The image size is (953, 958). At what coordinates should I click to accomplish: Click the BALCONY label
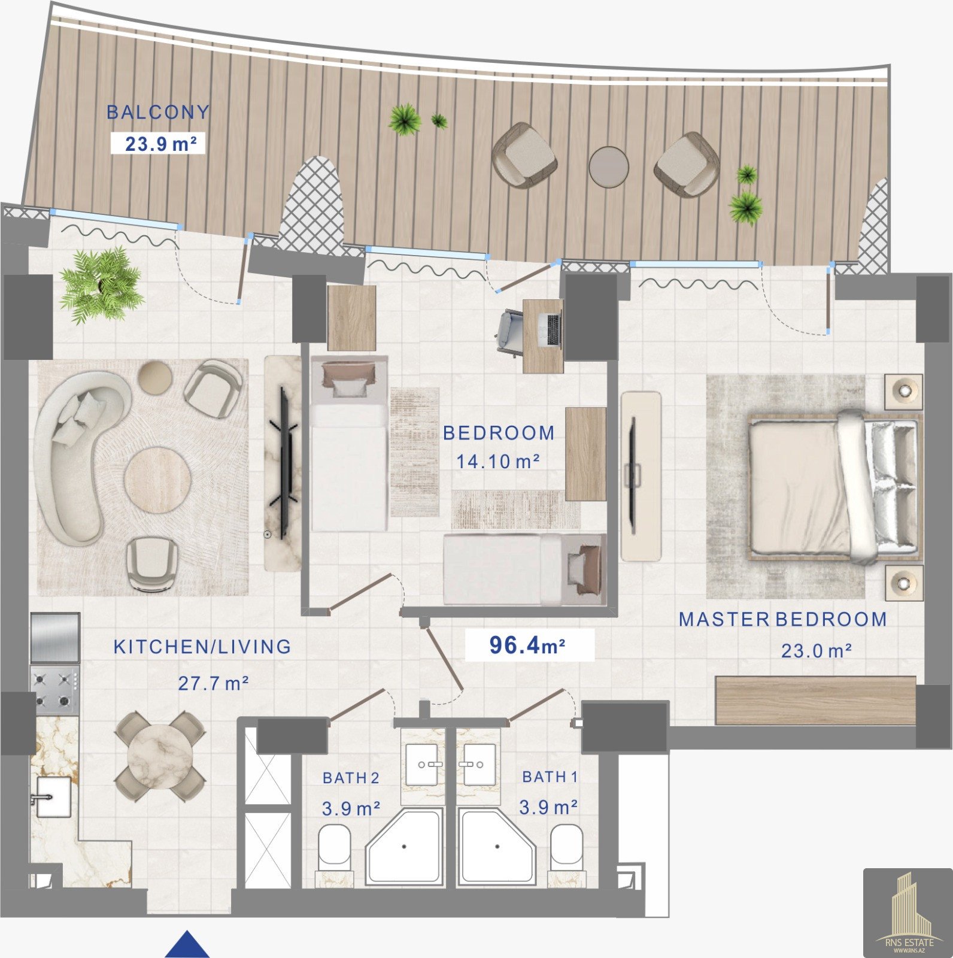click(158, 112)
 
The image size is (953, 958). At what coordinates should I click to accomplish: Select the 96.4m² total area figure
click(527, 645)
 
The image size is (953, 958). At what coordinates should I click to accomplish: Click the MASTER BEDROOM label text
click(782, 619)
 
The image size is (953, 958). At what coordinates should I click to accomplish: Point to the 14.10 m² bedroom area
click(498, 461)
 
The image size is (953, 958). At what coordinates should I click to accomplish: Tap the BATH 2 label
click(351, 778)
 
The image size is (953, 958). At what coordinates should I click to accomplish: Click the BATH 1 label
click(550, 777)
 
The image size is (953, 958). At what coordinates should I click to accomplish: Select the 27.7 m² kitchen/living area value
click(213, 683)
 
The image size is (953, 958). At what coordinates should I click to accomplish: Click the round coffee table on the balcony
click(608, 167)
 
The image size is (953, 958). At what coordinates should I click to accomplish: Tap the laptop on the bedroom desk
click(551, 330)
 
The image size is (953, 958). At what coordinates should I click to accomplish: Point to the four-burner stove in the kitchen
click(54, 690)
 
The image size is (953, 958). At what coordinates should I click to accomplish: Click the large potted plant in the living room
click(100, 284)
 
